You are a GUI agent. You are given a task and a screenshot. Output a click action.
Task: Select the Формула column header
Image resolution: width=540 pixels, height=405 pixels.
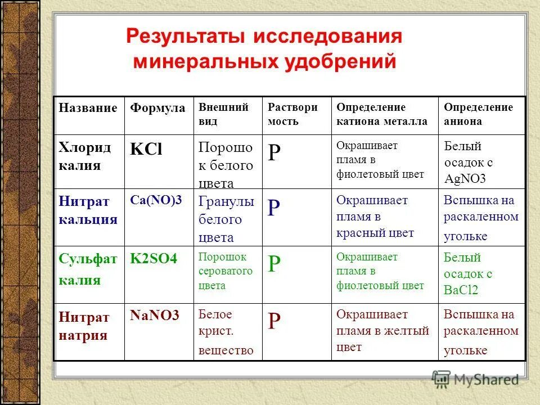[x=157, y=108]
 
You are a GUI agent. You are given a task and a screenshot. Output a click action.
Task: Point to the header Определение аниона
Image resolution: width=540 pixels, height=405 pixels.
[x=478, y=114]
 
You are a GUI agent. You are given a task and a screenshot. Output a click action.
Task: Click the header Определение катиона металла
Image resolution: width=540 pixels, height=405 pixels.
[x=381, y=114]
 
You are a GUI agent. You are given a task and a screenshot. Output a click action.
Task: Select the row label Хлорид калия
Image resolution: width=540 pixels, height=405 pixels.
[x=85, y=156]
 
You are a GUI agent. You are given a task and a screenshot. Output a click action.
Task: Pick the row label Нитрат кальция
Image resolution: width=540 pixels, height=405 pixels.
[x=88, y=210]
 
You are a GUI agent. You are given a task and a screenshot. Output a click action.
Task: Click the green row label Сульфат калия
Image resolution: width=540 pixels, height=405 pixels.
[x=88, y=269]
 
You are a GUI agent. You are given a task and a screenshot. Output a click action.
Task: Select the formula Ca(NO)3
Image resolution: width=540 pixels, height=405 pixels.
[x=156, y=201]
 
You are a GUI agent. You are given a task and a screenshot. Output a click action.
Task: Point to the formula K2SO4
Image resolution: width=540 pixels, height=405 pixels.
[x=154, y=259]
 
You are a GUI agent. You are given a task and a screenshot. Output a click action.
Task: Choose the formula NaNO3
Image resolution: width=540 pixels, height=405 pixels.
[x=154, y=316]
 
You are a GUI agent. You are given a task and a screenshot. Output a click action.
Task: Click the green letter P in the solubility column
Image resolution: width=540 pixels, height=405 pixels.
[x=274, y=264]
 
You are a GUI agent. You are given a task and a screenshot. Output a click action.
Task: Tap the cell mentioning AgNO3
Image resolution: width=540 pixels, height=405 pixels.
[x=468, y=163]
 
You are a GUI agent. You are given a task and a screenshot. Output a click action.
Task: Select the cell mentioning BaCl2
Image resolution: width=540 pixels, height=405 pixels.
[x=468, y=274]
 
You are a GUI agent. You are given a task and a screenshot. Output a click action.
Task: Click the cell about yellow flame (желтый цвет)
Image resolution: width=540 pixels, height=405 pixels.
[x=382, y=331]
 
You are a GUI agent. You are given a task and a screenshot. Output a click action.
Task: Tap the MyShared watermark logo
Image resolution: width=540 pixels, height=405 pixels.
[x=475, y=379]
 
